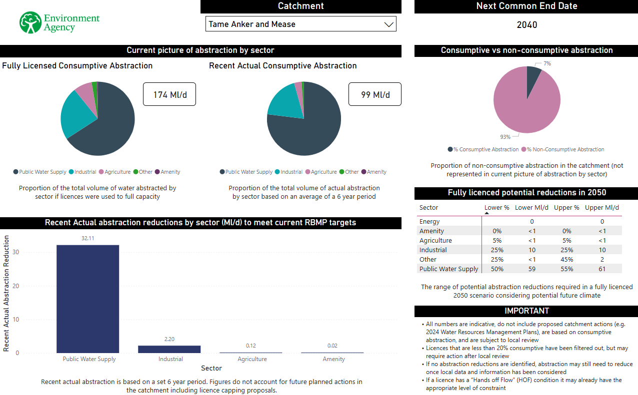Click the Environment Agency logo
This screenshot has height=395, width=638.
pos(59,22)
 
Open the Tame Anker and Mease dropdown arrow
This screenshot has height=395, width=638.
pos(388,24)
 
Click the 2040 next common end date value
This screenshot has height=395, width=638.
pos(526,25)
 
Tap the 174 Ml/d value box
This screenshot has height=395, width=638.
pos(169,94)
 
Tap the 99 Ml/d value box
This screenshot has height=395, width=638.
pos(375,94)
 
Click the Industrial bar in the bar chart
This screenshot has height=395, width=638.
pos(169,349)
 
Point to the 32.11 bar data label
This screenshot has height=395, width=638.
pos(87,239)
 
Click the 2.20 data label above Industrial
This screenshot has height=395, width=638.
pos(169,340)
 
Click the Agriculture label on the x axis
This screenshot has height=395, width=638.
pos(252,359)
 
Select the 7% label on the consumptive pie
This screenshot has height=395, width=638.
pos(547,64)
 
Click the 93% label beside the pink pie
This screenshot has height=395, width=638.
pos(505,137)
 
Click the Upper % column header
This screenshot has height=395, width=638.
pos(566,208)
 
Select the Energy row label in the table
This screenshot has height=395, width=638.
pos(429,222)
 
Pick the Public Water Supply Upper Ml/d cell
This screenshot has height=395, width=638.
pos(602,269)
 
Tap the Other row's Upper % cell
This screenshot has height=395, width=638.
pos(566,260)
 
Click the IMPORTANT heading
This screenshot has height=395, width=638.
pos(526,311)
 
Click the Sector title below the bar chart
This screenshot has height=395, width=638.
pos(211,369)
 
